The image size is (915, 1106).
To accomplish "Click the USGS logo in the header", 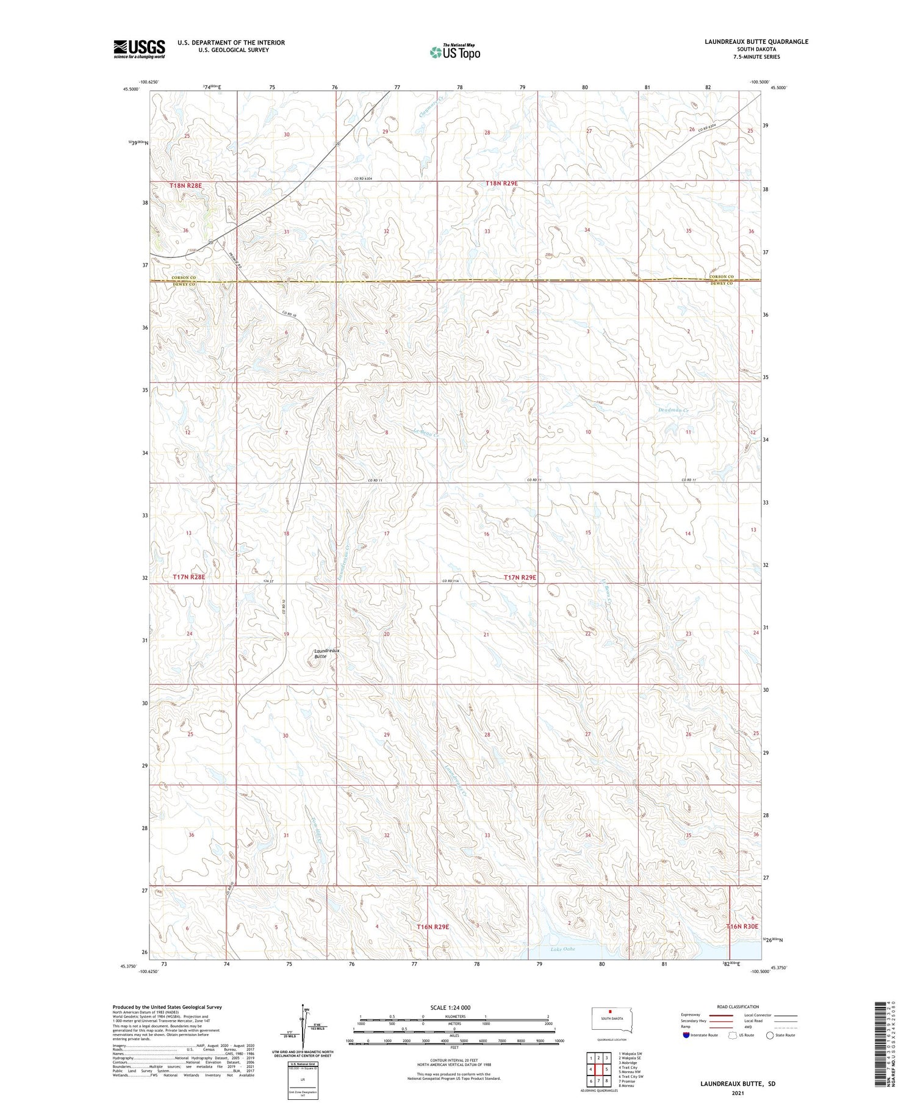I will point(139,49).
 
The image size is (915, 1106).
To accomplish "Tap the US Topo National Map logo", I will point(455,52).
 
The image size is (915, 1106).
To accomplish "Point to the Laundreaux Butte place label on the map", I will point(326,653).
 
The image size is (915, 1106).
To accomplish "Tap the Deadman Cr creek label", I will point(673,411).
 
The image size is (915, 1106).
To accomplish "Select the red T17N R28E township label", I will point(188,576).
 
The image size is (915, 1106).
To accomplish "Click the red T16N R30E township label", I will point(742,926).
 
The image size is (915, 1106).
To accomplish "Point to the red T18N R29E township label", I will point(501,183).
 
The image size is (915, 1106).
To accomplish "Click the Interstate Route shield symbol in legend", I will point(686,1035).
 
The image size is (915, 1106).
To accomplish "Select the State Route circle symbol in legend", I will point(770,1035).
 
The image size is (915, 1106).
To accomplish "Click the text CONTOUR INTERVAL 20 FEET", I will point(454,1061).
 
